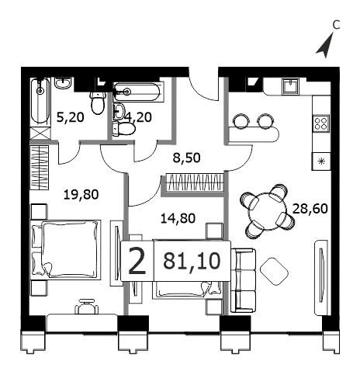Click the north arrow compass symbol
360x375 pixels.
325,47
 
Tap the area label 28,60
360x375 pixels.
310,209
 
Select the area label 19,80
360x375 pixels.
81,195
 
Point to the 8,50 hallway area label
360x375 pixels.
186,158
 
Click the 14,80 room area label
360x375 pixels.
178,218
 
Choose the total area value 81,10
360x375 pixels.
192,261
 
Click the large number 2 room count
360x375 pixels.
137,261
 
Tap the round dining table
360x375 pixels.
268,211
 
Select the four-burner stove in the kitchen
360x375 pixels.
321,123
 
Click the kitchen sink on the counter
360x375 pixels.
291,87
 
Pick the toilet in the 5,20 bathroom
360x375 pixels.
98,102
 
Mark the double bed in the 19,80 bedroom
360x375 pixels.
65,250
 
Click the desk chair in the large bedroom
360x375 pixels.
87,307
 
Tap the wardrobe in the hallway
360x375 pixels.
194,182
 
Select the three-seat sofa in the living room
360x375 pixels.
243,280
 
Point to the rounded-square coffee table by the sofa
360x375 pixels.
274,272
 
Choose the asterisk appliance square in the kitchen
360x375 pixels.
321,161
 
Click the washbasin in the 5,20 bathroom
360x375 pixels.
63,83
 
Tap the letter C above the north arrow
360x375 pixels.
336,25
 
